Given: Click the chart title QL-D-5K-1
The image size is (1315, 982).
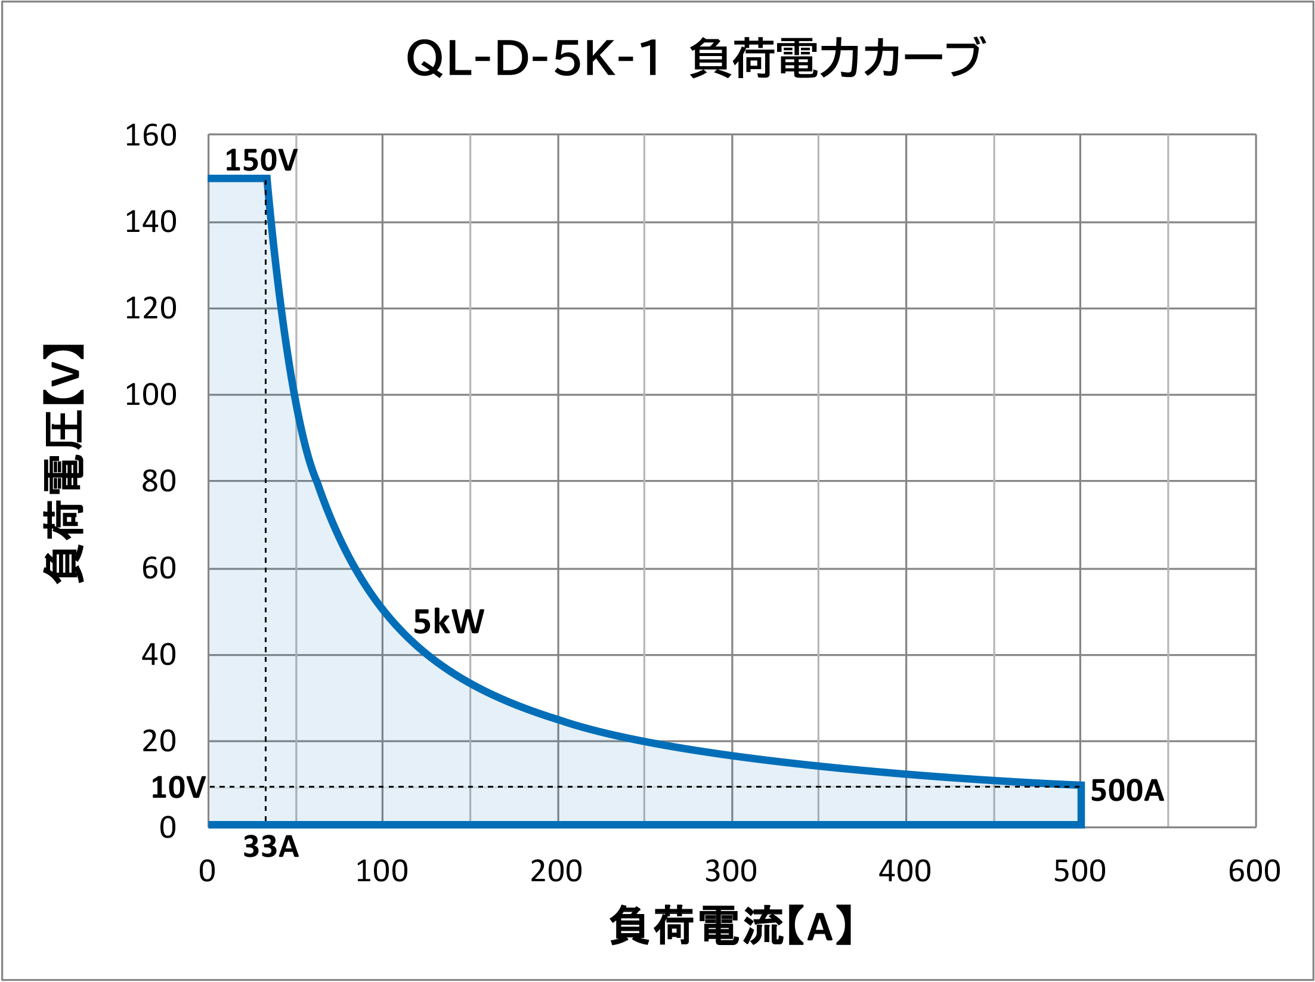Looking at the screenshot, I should (533, 58).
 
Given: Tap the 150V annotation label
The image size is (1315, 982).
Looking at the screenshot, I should (261, 160).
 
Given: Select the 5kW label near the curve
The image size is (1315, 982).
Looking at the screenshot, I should (448, 622).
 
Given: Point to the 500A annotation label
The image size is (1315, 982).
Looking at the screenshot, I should (1127, 791).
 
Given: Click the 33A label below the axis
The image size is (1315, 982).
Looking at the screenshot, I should (271, 847).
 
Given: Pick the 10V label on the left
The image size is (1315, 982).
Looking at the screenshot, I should (178, 788).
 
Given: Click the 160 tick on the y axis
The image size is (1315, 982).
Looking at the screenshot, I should (150, 135).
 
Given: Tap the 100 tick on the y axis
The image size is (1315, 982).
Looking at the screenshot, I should (150, 395).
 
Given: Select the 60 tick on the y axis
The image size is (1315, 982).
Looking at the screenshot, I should (159, 568).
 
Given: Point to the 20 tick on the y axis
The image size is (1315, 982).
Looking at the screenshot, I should (159, 742).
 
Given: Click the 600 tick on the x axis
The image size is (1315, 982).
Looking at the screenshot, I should (1254, 871).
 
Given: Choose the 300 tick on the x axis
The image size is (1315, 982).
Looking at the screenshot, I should (731, 871).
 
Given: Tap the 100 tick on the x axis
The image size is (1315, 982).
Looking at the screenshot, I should (382, 871).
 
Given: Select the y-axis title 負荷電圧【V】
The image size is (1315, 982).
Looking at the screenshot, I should (63, 463).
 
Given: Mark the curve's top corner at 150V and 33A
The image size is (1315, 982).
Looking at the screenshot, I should (267, 178).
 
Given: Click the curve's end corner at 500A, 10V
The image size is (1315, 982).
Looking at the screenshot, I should (1081, 785).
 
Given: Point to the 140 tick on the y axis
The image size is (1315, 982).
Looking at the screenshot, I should (150, 222).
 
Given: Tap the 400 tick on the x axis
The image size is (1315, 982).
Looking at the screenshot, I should (905, 871).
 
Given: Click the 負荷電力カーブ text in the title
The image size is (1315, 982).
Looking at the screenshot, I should (836, 58).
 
